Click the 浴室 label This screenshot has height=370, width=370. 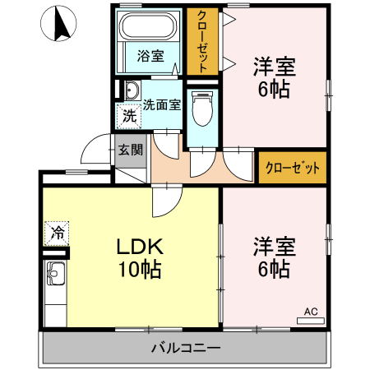[x=150, y=56]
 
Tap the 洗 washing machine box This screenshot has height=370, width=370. [x=128, y=116]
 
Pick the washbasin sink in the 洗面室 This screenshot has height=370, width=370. [x=132, y=90]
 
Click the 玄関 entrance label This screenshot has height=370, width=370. [x=130, y=150]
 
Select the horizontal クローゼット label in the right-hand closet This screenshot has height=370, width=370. [x=292, y=168]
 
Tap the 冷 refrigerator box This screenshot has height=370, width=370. [x=58, y=232]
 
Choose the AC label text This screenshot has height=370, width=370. [x=310, y=312]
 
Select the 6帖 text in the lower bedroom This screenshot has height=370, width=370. [x=273, y=269]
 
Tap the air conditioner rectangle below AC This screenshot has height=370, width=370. [x=310, y=321]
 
